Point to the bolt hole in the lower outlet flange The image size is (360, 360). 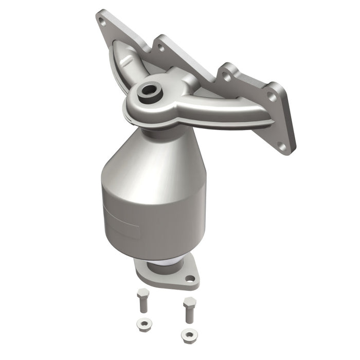[190, 279]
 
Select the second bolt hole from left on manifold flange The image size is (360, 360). [161, 48]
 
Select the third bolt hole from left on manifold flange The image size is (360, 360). [225, 77]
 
